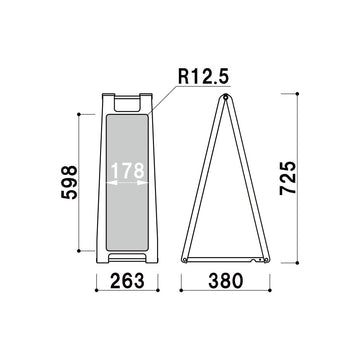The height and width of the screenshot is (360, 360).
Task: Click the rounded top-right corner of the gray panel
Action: [149, 116]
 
